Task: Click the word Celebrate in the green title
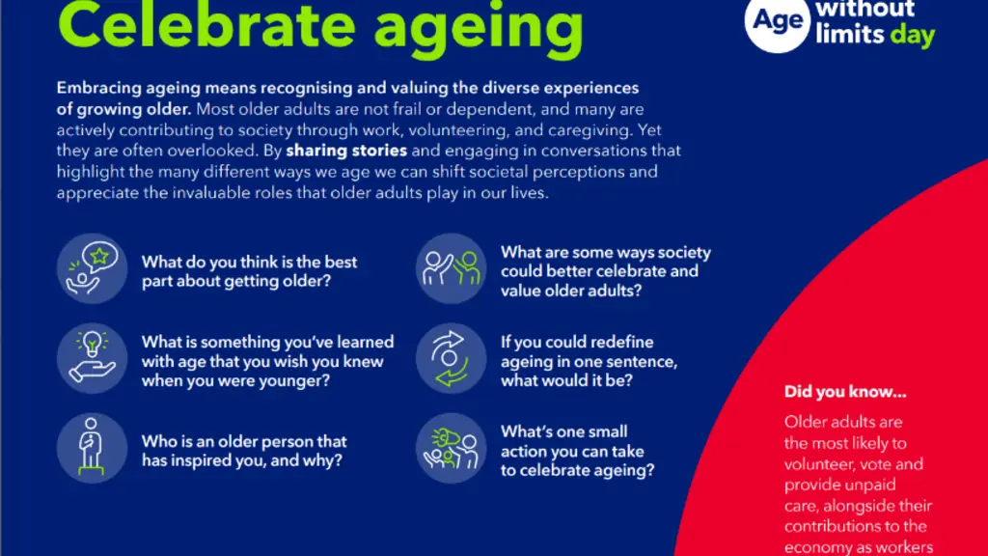[x=206, y=27]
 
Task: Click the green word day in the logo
[x=913, y=37]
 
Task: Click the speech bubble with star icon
[x=92, y=268]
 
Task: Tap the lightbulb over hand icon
[x=92, y=358]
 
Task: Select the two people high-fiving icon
[x=451, y=268]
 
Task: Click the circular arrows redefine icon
[x=451, y=358]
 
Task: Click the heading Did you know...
[x=845, y=392]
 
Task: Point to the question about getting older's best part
[x=249, y=271]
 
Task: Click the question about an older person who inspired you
[x=244, y=450]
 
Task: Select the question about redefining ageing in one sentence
[x=589, y=361]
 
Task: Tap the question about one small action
[x=577, y=451]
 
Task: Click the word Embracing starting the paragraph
[x=97, y=89]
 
